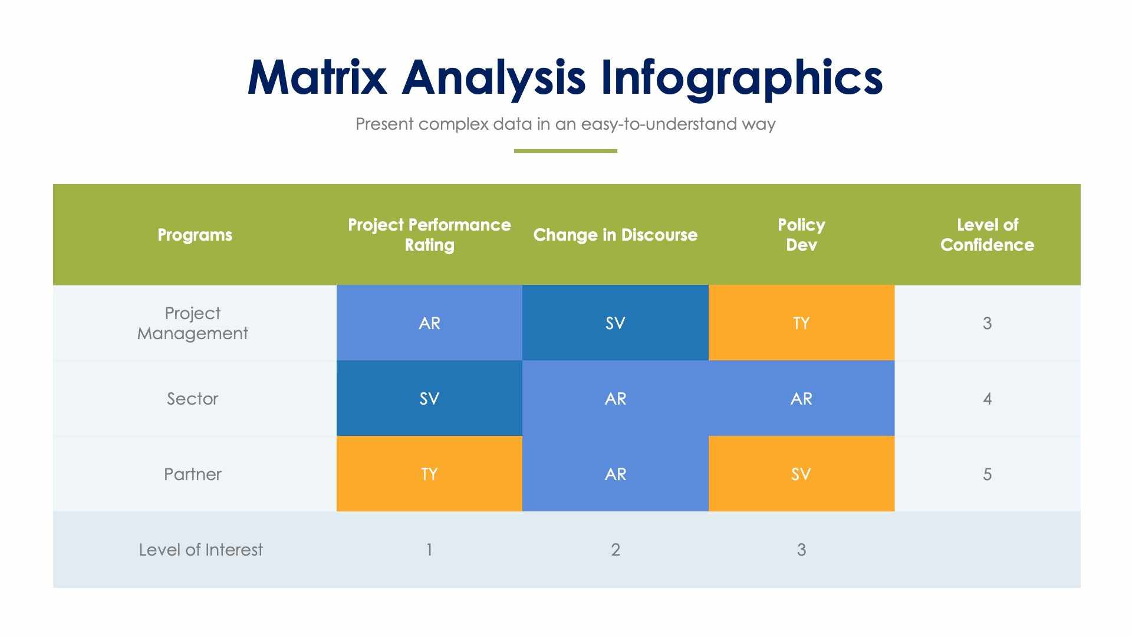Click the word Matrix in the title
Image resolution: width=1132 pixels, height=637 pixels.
coord(317,77)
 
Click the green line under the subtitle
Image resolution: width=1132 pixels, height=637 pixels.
coord(565,151)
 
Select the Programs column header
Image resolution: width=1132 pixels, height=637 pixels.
coord(195,235)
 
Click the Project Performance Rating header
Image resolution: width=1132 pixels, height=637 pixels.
coord(429,235)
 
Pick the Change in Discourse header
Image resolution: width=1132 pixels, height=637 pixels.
coord(616,235)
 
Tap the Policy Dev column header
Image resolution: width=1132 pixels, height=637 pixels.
coord(801,235)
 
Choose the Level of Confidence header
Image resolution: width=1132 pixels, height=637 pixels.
coord(988,235)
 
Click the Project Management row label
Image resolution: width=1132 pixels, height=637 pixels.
coord(193,323)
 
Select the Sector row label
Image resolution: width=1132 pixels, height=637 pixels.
coord(193,399)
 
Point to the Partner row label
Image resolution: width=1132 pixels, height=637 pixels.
coord(193,474)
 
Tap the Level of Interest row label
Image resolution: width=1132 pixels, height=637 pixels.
coord(201,550)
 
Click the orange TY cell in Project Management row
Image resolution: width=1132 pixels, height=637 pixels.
coord(801,323)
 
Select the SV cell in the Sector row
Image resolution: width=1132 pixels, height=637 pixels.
coord(429,399)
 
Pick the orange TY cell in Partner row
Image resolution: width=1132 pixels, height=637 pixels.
coord(429,474)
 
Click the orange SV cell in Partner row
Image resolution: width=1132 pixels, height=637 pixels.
coord(801,474)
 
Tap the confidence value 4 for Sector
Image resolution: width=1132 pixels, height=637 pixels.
coord(988,399)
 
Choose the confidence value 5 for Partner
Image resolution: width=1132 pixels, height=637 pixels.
coord(988,474)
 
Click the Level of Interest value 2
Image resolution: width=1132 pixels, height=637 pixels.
coord(616,550)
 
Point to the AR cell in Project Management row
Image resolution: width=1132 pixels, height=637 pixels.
coord(429,323)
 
